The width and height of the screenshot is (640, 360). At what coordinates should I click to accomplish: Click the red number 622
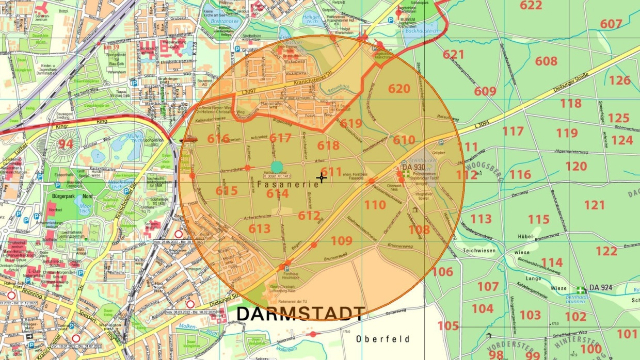click(531, 6)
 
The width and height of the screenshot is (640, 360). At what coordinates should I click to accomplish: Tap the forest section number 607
click(611, 24)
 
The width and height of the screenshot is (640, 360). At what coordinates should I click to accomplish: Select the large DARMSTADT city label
click(300, 313)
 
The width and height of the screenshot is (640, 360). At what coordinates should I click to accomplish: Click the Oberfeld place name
click(382, 339)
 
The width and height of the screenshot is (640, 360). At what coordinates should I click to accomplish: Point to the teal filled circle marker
click(277, 167)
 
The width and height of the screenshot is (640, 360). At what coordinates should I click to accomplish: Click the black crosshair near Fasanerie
click(321, 178)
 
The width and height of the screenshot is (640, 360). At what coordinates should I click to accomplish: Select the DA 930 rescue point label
click(413, 167)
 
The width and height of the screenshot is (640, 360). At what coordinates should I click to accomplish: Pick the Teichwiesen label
click(479, 251)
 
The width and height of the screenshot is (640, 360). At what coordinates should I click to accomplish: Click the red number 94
click(66, 144)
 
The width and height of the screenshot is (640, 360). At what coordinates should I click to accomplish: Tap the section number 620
click(399, 89)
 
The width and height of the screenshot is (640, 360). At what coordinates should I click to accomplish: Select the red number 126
click(619, 80)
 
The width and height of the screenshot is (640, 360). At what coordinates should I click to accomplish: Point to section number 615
click(227, 191)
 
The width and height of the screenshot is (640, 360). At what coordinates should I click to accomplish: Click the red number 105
click(448, 326)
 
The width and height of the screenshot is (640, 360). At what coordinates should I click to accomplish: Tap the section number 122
click(606, 251)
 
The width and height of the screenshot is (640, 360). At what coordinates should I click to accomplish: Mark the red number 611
click(331, 171)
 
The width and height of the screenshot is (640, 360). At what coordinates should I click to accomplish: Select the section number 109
click(341, 240)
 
